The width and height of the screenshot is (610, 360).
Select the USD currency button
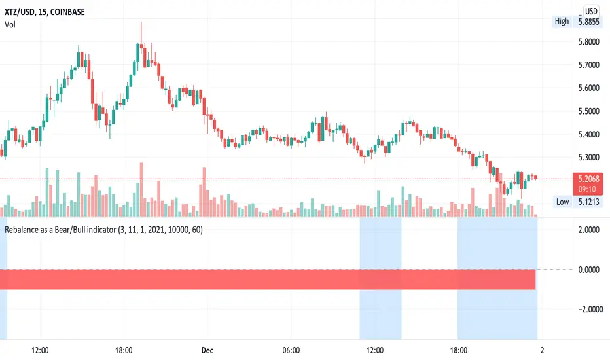592,10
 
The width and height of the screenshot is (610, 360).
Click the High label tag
562,21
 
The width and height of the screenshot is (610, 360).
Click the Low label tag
562,202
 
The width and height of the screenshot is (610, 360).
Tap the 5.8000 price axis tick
588,42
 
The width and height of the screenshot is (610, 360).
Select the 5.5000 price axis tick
588,111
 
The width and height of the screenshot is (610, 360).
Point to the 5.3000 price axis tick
588,158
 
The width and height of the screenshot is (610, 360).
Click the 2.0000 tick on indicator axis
588,230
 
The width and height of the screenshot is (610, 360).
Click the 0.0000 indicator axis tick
588,270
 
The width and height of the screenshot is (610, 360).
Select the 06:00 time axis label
291,350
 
